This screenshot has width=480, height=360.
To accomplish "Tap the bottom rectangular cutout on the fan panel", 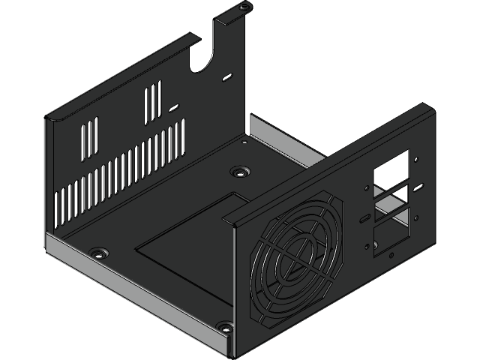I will click(391, 230).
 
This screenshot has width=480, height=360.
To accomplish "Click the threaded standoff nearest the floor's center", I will click(238, 172).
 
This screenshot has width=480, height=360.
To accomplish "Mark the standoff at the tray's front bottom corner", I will click(223, 327).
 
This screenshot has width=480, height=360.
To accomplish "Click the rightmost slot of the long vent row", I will click(181, 137).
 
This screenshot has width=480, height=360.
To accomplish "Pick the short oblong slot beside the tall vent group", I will click(174, 107).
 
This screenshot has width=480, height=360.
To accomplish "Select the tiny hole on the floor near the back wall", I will click(244, 139).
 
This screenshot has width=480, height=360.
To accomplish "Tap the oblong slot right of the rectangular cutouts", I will click(421, 185).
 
